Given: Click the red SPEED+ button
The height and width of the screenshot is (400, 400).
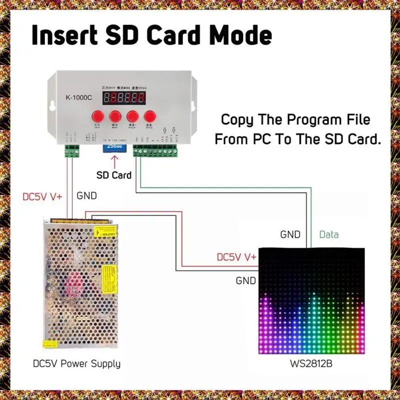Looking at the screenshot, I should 132,116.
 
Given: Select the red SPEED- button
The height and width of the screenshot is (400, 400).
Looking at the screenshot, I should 149,116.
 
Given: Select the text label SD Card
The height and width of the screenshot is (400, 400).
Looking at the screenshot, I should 114,175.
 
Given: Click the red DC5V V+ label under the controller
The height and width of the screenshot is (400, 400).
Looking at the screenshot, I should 42,196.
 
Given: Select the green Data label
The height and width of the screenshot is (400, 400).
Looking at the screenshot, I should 329,234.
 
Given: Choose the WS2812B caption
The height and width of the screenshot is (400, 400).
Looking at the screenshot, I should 309,363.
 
